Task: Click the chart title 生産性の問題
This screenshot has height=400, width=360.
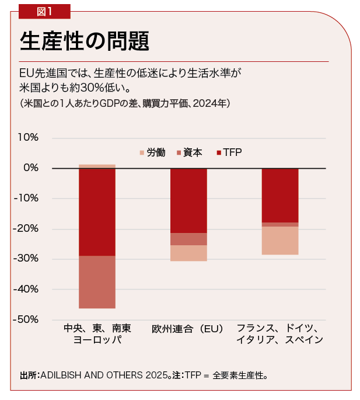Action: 85,41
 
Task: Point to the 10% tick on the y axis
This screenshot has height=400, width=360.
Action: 28,138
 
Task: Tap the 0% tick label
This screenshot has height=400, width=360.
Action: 31,168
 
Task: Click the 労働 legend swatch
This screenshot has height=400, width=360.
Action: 142,153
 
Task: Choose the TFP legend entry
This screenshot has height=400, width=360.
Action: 228,153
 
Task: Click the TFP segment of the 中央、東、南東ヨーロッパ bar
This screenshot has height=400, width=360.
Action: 97,211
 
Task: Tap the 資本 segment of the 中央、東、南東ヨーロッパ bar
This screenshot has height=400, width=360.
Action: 97,282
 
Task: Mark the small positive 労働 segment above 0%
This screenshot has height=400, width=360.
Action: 97,166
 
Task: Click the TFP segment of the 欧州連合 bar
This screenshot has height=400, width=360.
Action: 188,200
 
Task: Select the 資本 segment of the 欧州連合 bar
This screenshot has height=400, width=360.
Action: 188,239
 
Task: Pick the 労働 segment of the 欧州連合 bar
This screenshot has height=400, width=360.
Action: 188,253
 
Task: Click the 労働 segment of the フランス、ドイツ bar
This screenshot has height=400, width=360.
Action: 279,241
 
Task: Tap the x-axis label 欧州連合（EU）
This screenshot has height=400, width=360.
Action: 188,329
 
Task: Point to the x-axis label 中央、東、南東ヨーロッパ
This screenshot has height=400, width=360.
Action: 97,334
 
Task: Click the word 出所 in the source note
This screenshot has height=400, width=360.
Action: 27,374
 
